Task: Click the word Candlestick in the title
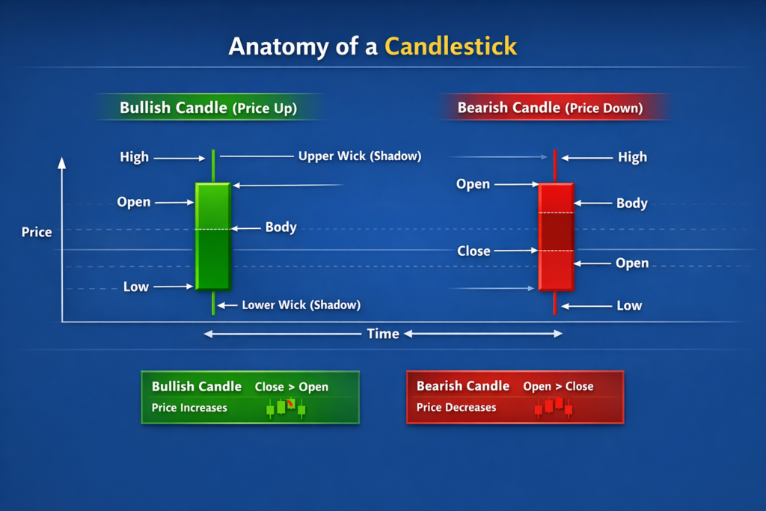tap(450, 46)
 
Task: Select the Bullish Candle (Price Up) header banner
tap(208, 108)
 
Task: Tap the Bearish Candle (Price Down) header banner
tap(550, 108)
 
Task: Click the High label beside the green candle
tap(134, 157)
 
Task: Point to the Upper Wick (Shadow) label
tap(360, 156)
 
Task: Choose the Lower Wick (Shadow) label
tap(301, 305)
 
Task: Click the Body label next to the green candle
tap(281, 227)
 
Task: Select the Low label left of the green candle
tap(135, 287)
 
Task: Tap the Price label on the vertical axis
tap(37, 232)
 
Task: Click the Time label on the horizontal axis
tap(382, 334)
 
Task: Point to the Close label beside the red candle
tap(474, 251)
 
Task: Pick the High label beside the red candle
tap(632, 157)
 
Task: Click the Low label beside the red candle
tap(629, 305)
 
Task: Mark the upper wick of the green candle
tap(213, 165)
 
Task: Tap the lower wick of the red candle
tap(555, 302)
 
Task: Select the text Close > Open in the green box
tap(291, 387)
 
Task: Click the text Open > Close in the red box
tap(558, 386)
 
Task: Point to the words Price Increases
tap(189, 408)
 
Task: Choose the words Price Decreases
tap(456, 408)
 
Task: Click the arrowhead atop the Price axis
tap(62, 162)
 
